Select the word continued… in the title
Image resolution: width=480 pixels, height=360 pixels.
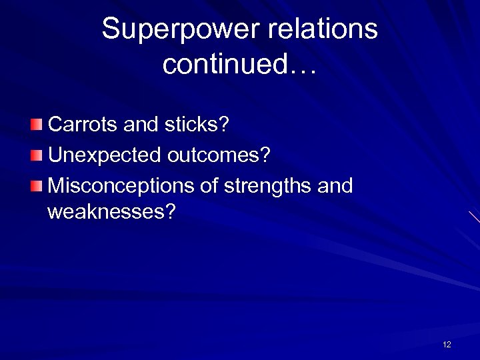point(239,65)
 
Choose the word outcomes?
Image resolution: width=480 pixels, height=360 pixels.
point(219,155)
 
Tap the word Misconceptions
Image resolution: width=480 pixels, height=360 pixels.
point(122,185)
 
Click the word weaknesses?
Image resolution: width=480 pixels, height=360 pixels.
point(111,212)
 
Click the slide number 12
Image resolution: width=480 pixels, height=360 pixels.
point(447,345)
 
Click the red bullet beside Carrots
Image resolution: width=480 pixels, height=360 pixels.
point(36,125)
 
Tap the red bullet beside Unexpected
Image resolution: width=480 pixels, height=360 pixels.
point(36,155)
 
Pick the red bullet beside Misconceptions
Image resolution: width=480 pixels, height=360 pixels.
point(36,185)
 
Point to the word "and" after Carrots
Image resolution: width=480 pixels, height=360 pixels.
point(139,125)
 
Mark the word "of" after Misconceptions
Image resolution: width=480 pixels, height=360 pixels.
point(209,185)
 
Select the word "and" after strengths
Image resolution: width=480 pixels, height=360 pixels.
point(335,185)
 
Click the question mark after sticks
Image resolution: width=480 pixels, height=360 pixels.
point(223,125)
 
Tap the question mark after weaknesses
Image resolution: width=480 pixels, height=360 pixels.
point(171,212)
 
